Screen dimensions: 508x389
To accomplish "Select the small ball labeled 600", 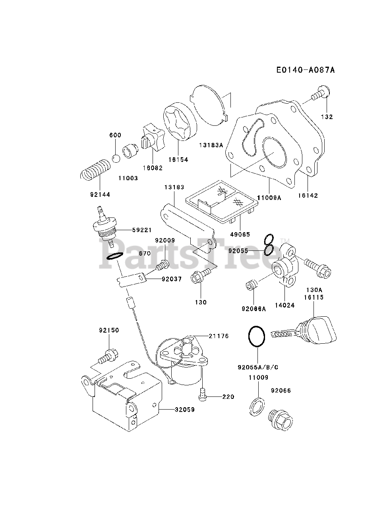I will click(x=116, y=159).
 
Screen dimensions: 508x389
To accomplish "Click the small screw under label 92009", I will click(x=162, y=265).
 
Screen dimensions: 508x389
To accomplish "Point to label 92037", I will click(x=172, y=279).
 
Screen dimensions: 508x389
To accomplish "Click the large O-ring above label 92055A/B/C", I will click(x=256, y=337).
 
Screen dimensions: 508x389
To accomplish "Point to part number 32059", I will click(x=184, y=409).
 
